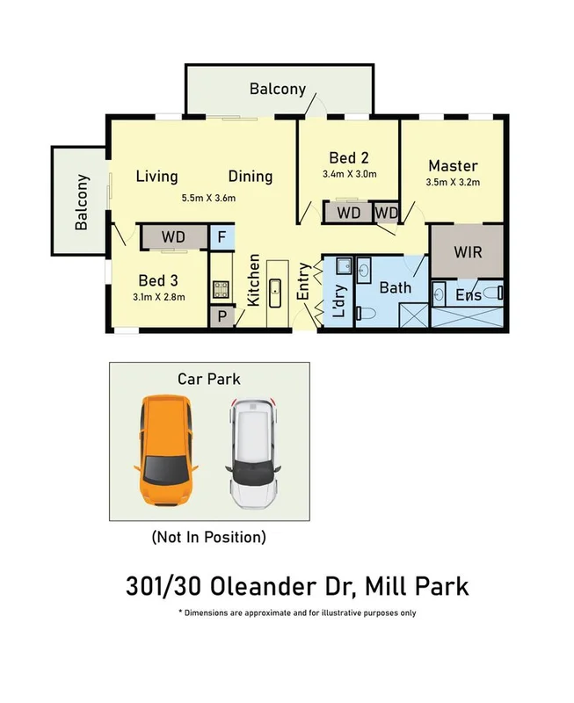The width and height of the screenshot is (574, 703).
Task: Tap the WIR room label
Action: click(x=467, y=251)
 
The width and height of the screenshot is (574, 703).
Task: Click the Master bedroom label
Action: click(x=453, y=165)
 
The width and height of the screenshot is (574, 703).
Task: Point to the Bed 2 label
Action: click(x=349, y=158)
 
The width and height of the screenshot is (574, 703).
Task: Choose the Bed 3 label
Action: click(x=159, y=281)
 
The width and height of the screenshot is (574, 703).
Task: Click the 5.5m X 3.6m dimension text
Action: click(x=208, y=198)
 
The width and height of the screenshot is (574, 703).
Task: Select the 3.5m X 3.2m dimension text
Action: click(x=453, y=183)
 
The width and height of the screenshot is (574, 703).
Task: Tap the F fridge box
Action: click(x=222, y=237)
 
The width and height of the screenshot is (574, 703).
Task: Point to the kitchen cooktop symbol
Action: click(x=222, y=288)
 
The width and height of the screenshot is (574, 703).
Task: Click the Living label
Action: click(x=157, y=177)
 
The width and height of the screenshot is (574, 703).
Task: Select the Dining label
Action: click(x=251, y=177)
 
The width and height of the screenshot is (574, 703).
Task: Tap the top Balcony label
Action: click(x=278, y=89)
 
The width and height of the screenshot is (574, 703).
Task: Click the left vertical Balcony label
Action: click(x=82, y=203)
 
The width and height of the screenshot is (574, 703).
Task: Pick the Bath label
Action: click(x=396, y=287)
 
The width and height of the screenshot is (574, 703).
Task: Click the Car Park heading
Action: click(x=209, y=379)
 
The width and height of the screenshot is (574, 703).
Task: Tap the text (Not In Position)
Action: click(x=208, y=535)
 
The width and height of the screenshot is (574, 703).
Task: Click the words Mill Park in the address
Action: click(x=423, y=585)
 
